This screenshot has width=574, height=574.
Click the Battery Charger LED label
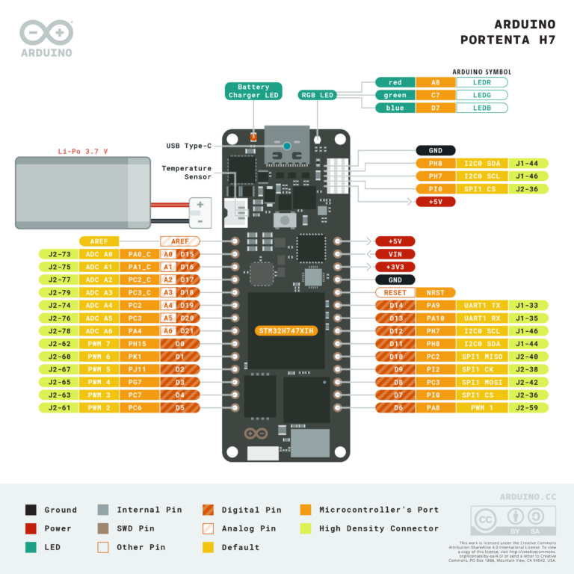[253, 91]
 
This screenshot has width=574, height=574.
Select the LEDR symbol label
[482, 82]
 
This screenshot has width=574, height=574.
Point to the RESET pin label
[395, 292]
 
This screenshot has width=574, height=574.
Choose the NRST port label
[435, 292]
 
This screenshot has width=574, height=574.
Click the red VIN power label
[395, 254]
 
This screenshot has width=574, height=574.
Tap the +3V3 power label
[395, 267]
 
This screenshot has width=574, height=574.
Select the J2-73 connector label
[59, 254]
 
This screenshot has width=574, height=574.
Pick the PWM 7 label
[99, 344]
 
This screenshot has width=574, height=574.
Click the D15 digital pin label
[186, 254]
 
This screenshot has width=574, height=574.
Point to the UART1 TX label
[482, 305]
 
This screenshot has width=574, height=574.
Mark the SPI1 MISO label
[482, 357]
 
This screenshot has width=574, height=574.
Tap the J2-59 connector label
[528, 407]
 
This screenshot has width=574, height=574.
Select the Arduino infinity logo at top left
[46, 32]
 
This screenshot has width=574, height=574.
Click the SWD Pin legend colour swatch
[104, 528]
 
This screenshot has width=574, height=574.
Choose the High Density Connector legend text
[379, 528]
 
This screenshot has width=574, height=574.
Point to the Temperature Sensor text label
[186, 173]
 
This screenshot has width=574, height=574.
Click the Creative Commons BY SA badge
[507, 520]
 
